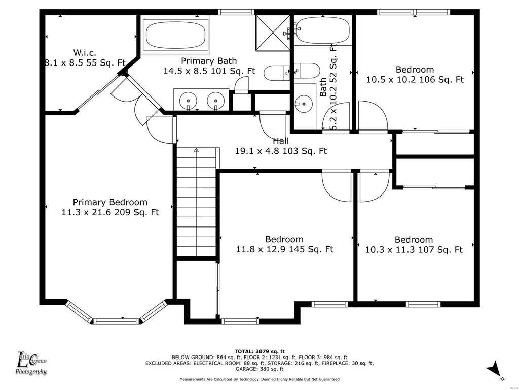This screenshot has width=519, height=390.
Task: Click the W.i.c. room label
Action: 85,57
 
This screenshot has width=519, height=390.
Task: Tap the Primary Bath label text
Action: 209,66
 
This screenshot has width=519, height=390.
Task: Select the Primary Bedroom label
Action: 110,207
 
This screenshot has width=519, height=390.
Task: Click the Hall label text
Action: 281,146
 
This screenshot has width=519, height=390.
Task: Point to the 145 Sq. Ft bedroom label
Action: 284,244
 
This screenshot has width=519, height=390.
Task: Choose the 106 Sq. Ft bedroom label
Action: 415,74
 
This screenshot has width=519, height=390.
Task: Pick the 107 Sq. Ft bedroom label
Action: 414,244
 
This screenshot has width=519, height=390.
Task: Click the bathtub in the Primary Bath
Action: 176,36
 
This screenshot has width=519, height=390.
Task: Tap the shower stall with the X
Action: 273,33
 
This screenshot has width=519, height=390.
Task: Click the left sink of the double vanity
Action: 189,100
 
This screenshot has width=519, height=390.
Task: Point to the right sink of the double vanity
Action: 216,100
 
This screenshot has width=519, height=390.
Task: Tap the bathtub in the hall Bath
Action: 322,30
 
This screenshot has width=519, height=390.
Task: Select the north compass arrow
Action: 494,369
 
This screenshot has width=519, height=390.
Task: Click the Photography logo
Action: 31,364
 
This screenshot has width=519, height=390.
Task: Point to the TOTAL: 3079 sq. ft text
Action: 259,351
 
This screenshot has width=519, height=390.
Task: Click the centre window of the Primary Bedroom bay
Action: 117,321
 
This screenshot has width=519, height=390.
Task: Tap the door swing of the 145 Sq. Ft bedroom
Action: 337,186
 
